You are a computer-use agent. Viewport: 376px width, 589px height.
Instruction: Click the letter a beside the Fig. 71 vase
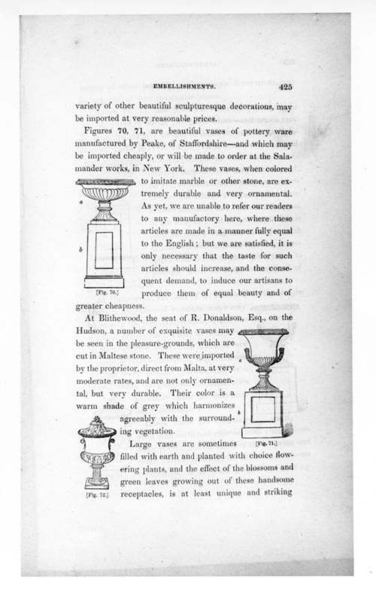tap(240, 361)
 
